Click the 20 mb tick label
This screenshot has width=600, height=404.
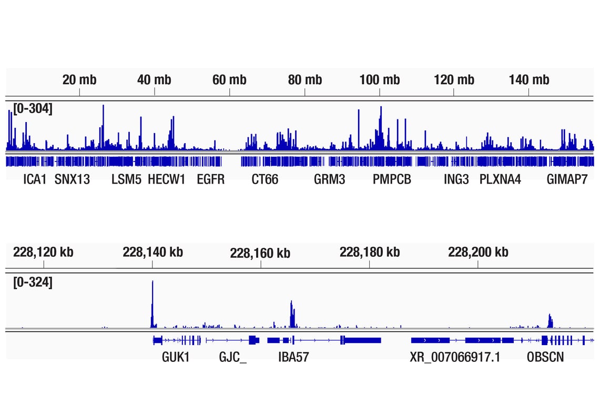[x=79, y=80]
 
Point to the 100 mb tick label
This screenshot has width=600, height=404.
[x=380, y=80]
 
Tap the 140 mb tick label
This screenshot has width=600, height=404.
[x=529, y=80]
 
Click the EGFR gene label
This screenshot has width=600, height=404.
[x=211, y=179]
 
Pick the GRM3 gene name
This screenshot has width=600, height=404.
[x=330, y=179]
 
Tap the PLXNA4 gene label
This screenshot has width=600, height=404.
[x=500, y=179]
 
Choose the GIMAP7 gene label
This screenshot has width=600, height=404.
[x=567, y=179]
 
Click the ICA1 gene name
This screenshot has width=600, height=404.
[x=35, y=179]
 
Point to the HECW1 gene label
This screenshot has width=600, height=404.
[x=166, y=179]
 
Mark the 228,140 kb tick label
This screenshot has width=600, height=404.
[x=153, y=252]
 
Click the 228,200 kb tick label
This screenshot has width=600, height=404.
[x=478, y=252]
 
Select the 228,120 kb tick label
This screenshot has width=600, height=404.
[x=43, y=252]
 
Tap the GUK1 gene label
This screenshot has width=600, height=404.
[x=176, y=358]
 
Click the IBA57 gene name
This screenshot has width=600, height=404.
[x=293, y=358]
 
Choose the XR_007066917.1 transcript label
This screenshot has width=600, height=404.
[x=455, y=358]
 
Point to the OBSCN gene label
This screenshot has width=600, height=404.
[x=545, y=358]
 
